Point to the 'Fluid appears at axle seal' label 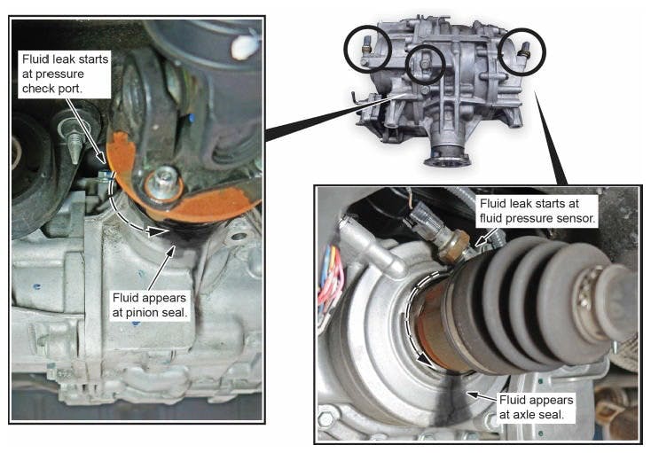pyautogui.click(x=536, y=407)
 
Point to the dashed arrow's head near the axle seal pyautogui.click(x=427, y=361)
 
